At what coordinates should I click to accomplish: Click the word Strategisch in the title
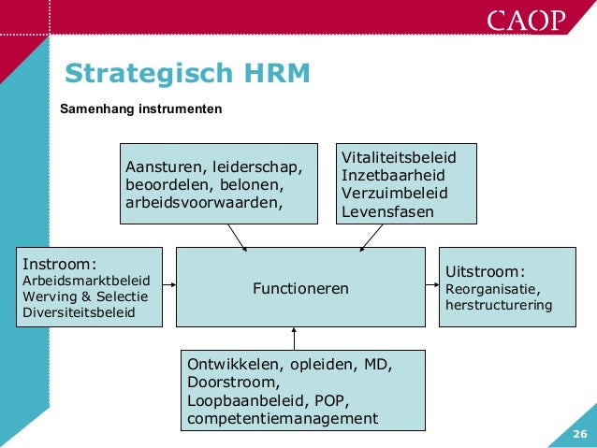(132, 73)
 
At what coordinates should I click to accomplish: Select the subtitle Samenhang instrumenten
(140, 109)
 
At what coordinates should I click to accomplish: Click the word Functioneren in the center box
(300, 289)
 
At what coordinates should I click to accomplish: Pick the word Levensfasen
(387, 211)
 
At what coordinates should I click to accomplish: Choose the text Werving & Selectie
(78, 296)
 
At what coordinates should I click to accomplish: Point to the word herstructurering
(500, 305)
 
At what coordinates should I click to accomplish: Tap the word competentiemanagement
(283, 417)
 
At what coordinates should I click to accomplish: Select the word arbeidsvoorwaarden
(202, 202)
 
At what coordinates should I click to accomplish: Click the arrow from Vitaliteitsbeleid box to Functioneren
(371, 237)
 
